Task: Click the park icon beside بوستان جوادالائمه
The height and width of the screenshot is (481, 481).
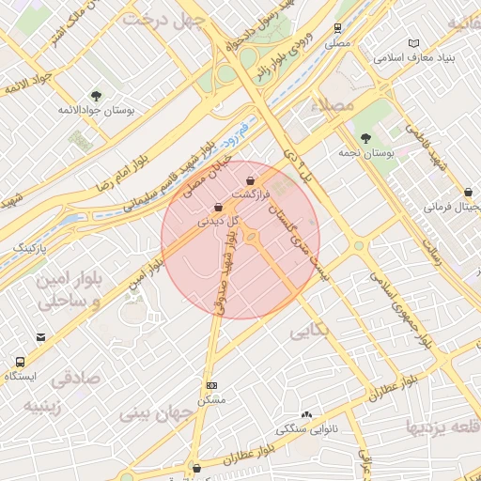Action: pos(96,95)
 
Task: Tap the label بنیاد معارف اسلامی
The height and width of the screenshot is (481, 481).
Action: pos(414,58)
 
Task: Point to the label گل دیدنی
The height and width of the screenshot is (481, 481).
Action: pos(217,223)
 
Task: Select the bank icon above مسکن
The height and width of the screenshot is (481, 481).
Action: pos(211,385)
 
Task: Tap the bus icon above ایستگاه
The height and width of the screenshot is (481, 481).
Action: pos(20,362)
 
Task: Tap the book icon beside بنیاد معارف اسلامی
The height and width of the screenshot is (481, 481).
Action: pos(414,43)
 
